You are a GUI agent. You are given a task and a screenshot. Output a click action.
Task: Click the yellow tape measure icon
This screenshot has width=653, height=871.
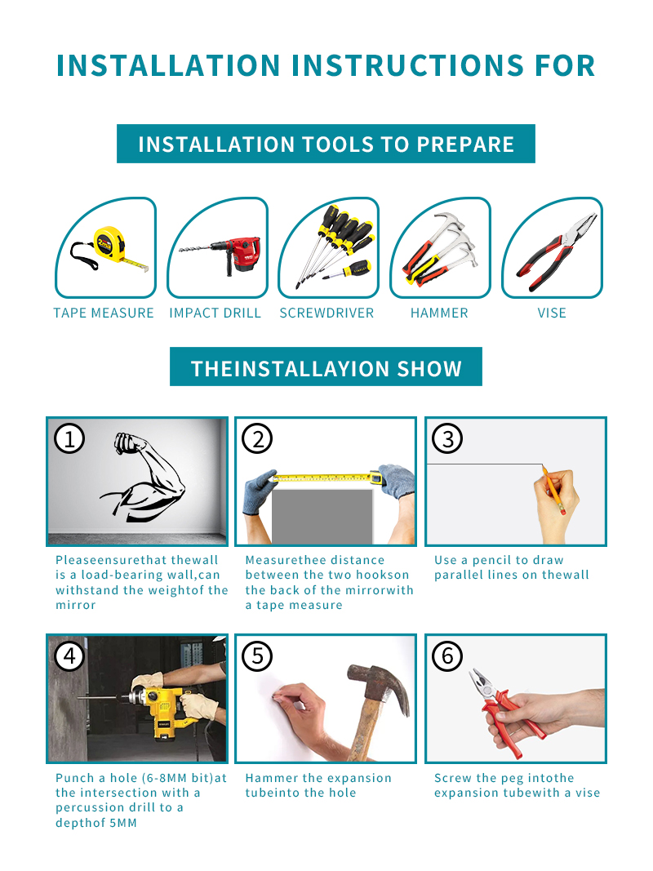click(x=110, y=248)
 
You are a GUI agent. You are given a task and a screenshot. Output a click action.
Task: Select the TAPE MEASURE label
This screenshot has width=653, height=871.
click(x=104, y=313)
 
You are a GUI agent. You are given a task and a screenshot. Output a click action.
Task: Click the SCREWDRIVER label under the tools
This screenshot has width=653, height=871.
click(x=326, y=313)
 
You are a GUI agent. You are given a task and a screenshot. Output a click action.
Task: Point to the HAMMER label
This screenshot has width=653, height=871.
click(x=439, y=313)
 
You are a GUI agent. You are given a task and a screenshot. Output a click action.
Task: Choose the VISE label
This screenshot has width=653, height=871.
click(x=552, y=313)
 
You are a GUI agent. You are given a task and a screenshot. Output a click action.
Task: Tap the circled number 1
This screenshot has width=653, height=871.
click(x=69, y=439)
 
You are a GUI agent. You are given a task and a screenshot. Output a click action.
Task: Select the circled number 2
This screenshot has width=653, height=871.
click(x=258, y=439)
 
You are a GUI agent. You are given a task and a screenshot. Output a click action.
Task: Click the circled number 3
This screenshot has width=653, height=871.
click(x=447, y=439)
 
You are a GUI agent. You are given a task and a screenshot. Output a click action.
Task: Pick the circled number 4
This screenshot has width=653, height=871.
click(x=69, y=656)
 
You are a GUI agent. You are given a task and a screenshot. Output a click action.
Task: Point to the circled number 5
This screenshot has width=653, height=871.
click(x=258, y=656)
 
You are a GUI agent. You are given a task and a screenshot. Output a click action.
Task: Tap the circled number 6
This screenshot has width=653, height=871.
click(x=447, y=656)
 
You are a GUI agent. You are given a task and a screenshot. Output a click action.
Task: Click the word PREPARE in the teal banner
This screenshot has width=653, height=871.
click(x=465, y=144)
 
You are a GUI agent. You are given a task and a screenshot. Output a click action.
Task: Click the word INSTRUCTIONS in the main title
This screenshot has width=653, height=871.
click(x=407, y=65)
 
